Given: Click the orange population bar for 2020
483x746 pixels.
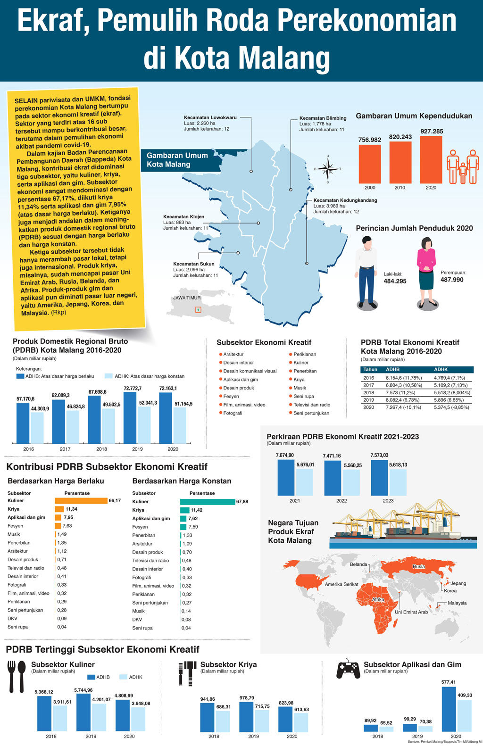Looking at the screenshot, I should [x=431, y=159].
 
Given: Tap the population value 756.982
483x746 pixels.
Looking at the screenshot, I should [x=370, y=140].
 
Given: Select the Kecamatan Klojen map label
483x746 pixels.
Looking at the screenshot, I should [x=184, y=217].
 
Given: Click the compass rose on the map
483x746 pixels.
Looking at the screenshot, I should [x=328, y=168].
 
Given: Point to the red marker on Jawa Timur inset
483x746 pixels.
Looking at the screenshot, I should [x=199, y=310].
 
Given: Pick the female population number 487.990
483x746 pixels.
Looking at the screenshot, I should [x=452, y=280].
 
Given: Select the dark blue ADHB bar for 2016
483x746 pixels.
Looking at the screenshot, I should [x=23, y=423].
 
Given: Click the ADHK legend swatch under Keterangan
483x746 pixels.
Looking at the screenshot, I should [x=108, y=376].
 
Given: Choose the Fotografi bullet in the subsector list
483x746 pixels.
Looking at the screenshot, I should [x=220, y=413].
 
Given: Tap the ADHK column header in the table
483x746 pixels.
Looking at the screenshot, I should [x=441, y=370].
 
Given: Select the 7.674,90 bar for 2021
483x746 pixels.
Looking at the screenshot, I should [x=286, y=477].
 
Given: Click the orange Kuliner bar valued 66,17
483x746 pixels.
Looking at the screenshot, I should [x=81, y=501].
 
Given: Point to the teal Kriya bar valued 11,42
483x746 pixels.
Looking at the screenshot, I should [x=184, y=510].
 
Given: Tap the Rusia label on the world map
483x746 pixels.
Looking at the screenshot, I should [x=419, y=566].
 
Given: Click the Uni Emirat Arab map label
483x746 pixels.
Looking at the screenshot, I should [x=411, y=612].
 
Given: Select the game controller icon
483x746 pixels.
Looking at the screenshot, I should [x=348, y=669].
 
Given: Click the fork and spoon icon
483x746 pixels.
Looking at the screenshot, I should [x=17, y=676].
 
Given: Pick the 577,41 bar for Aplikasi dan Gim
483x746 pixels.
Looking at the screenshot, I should [x=449, y=709].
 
